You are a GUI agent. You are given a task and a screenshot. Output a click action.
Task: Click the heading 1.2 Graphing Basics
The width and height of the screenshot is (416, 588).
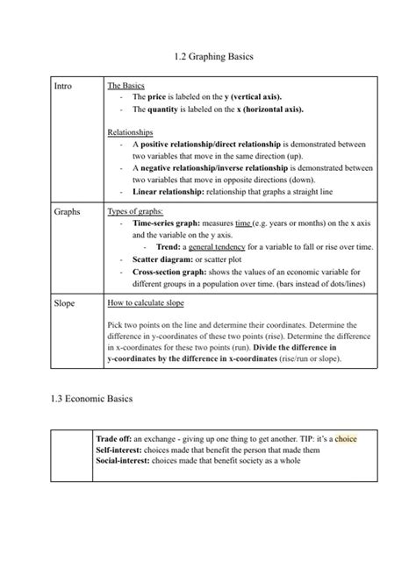[208, 57]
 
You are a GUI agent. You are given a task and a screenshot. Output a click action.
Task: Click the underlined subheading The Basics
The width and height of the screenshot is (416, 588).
[126, 86]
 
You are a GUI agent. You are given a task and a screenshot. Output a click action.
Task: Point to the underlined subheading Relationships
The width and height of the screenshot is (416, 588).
[130, 131]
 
